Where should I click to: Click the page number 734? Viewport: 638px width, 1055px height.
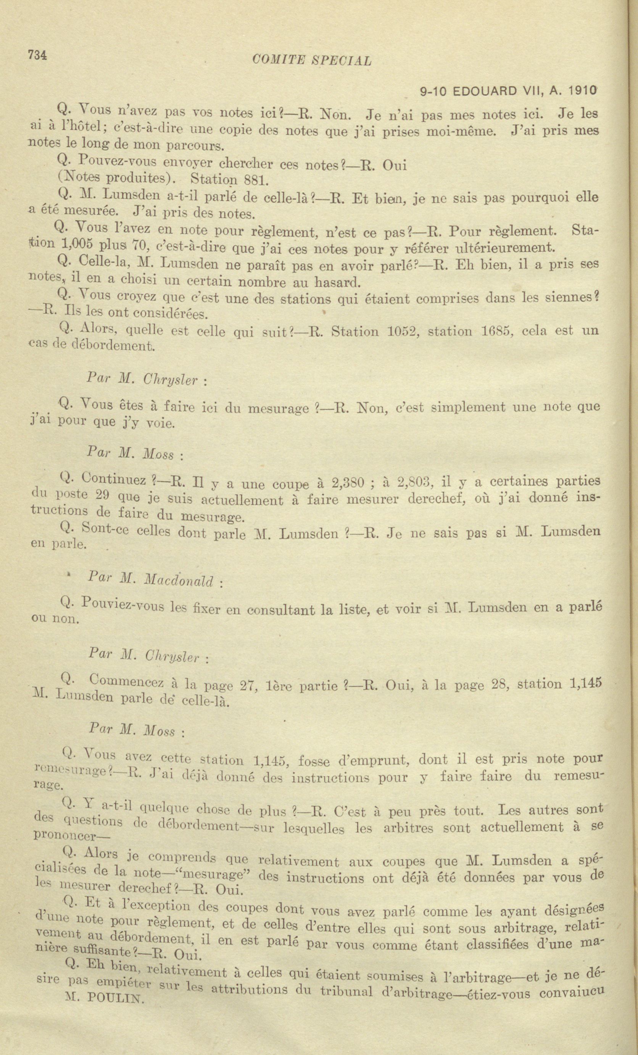coord(37,55)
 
